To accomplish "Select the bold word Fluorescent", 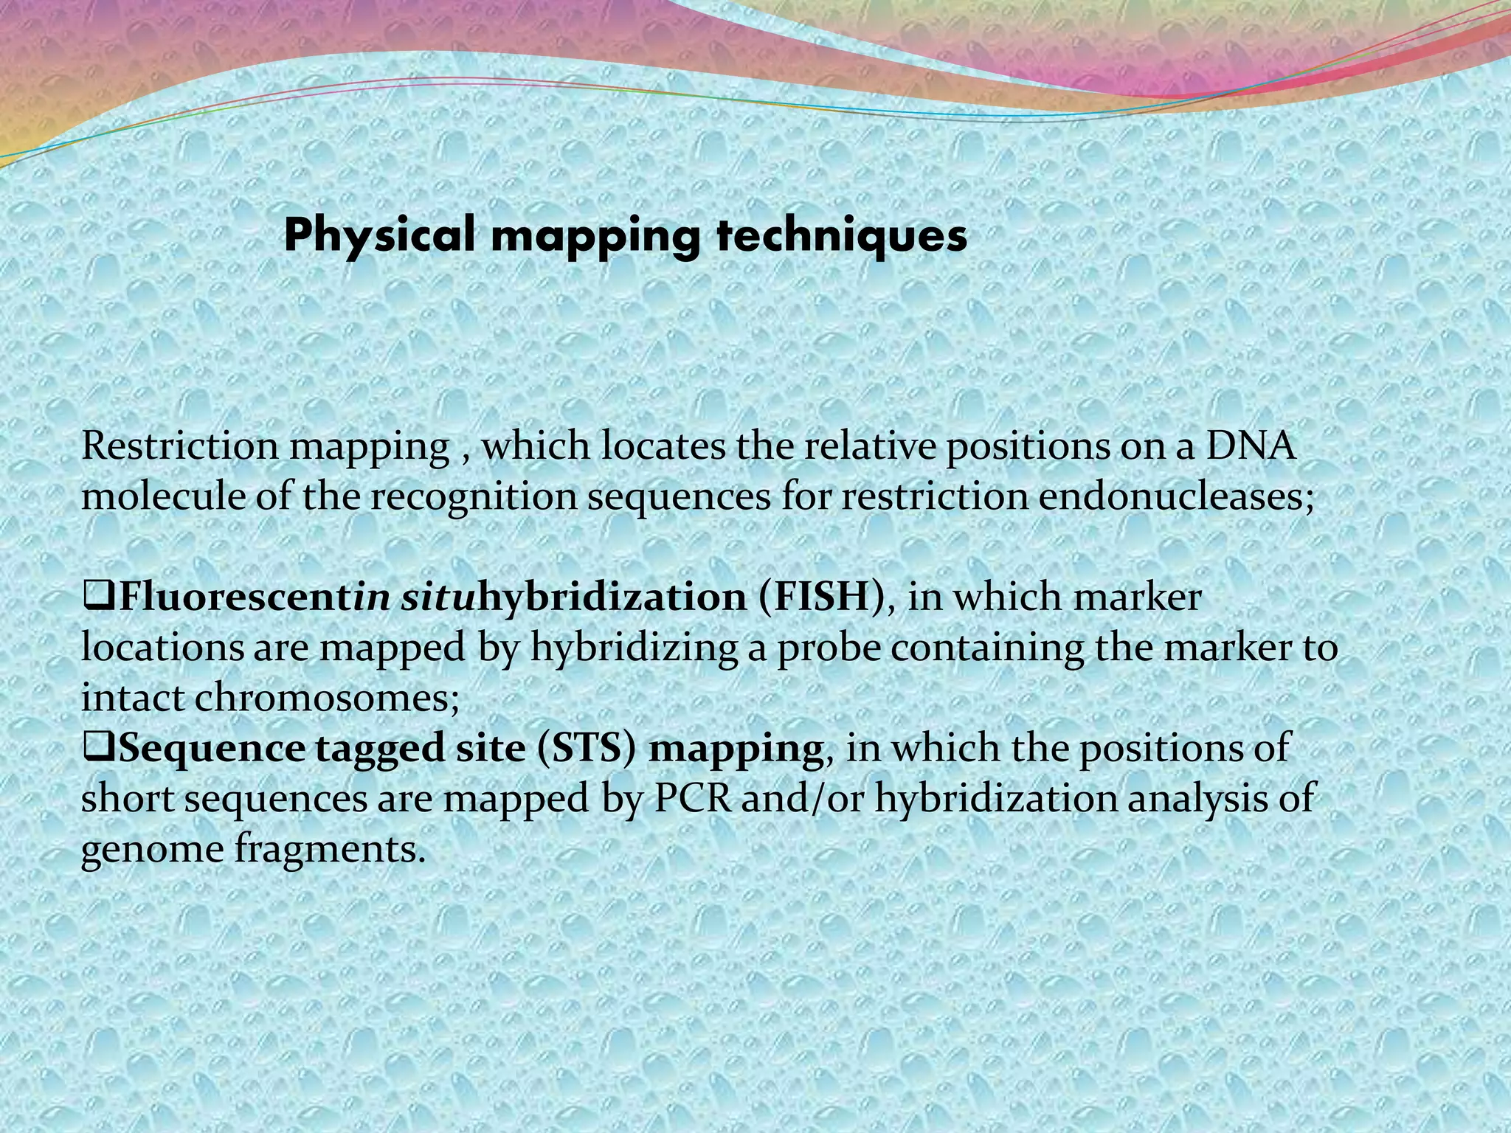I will (235, 597).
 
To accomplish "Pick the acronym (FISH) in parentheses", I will (820, 597).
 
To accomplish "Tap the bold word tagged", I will (376, 749).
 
